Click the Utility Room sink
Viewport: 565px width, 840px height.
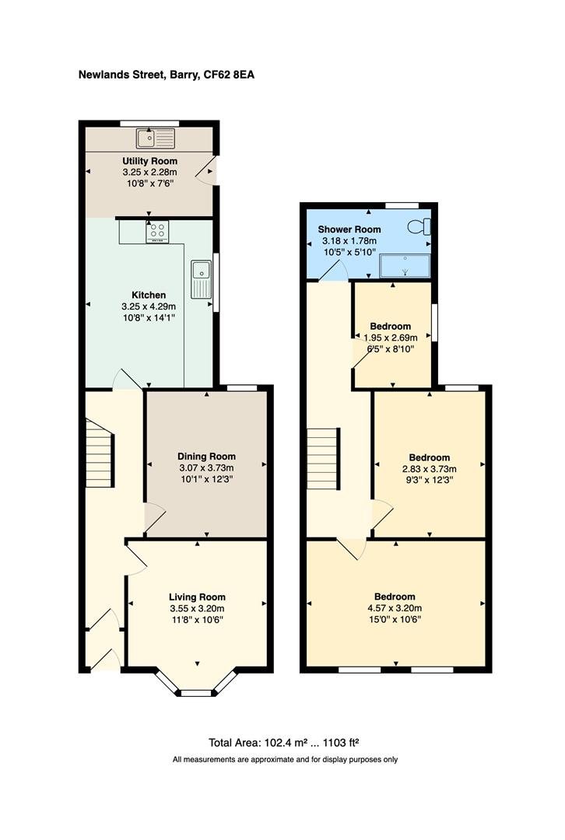156,138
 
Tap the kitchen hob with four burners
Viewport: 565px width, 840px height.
157,232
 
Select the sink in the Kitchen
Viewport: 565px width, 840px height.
202,279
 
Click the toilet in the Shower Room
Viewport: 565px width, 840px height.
419,226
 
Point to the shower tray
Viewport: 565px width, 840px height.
405,266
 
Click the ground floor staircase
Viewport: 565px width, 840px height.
100,453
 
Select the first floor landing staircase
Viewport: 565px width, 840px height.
323,458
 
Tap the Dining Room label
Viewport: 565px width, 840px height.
206,457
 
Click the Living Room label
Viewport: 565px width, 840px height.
197,597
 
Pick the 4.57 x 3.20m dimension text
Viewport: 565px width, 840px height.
395,608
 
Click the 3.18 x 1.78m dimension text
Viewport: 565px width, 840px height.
349,241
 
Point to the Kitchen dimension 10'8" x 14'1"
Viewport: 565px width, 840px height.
149,318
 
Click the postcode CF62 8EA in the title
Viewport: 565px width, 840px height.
229,75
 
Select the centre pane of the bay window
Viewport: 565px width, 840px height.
196,693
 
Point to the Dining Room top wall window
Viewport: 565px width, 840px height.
242,387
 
